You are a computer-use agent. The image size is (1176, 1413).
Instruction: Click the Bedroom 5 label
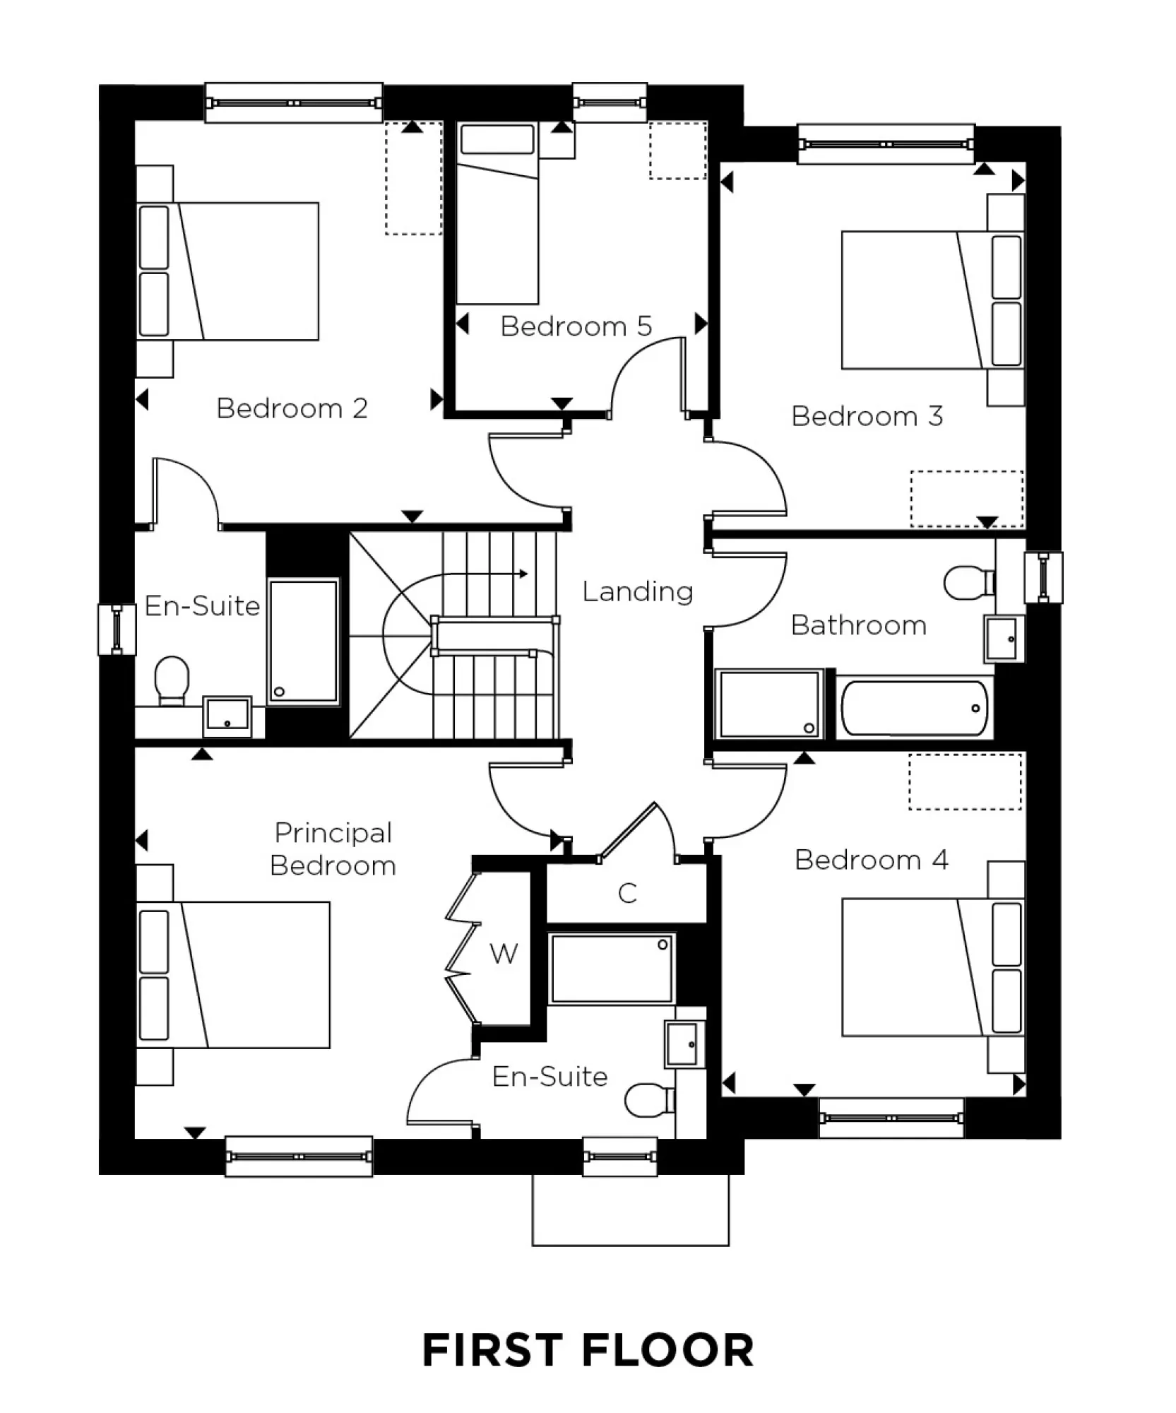pos(576,326)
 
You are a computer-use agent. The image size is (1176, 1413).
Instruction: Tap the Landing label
pos(637,591)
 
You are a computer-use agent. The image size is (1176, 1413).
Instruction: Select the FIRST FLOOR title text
pos(588,1351)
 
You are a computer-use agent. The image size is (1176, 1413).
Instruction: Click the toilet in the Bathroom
pos(968,582)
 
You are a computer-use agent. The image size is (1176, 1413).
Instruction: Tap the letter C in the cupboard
pos(627,894)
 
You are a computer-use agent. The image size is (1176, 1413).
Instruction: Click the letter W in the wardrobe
pos(504,954)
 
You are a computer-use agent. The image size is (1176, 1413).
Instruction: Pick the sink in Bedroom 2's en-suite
pos(227,716)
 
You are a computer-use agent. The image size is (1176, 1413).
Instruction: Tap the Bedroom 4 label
pos(871,860)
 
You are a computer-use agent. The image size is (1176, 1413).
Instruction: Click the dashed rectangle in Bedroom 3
pos(966,498)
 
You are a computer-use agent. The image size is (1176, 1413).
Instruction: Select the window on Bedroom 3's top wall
pos(886,144)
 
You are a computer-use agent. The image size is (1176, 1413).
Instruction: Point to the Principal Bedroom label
pos(333,849)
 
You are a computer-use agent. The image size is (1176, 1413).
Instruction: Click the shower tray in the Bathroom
pos(769,704)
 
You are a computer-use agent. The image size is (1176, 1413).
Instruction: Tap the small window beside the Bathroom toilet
pos(1043,577)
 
